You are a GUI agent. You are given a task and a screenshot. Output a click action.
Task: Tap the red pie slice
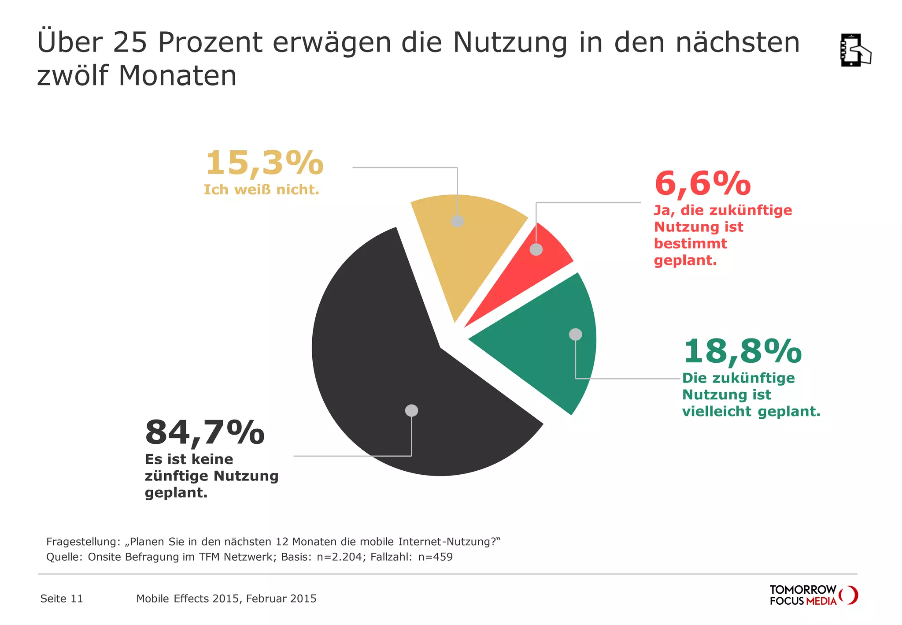click(x=529, y=273)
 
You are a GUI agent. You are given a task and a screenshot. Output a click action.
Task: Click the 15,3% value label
click(x=264, y=163)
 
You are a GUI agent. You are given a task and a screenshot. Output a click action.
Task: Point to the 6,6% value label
click(x=702, y=184)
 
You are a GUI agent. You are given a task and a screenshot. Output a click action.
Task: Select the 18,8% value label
click(x=743, y=352)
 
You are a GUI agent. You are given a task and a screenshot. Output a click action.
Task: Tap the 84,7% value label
click(x=205, y=433)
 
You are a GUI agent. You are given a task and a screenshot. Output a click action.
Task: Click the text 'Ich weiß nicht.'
click(x=261, y=190)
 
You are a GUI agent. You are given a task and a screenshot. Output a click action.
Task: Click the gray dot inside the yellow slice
click(x=458, y=221)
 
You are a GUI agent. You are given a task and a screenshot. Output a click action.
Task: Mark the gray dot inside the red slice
click(x=536, y=249)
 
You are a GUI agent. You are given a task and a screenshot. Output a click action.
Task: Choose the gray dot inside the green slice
click(x=575, y=335)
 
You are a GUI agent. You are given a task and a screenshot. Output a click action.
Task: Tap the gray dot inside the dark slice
click(x=411, y=410)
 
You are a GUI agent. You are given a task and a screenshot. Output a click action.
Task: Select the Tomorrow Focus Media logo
click(x=813, y=595)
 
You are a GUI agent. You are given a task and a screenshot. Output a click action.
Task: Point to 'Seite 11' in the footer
click(x=62, y=599)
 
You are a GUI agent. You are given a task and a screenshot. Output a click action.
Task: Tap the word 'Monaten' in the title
click(x=177, y=76)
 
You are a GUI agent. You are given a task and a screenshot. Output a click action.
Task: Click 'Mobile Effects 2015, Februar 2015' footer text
click(x=226, y=599)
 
